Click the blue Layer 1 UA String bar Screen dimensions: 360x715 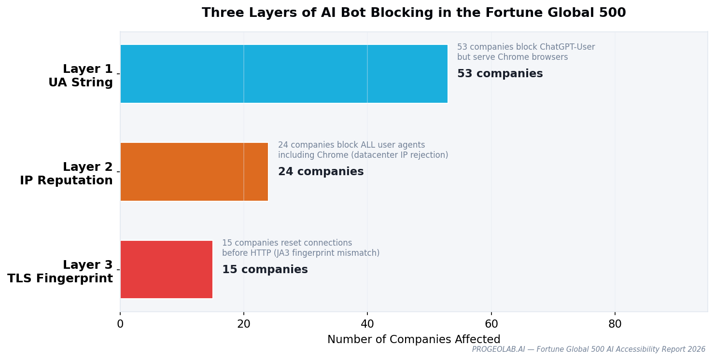tap(284, 74)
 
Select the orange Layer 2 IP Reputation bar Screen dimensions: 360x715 tap(194, 172)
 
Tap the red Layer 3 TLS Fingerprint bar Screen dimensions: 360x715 tap(167, 269)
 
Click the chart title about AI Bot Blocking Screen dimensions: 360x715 tap(414, 13)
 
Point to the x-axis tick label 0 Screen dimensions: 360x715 tap(120, 324)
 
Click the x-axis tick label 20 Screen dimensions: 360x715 tap(244, 324)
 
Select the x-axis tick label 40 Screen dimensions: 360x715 tap(367, 324)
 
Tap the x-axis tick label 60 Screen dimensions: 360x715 tap(491, 324)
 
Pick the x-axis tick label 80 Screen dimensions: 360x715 tap(615, 324)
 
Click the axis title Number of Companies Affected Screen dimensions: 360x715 tap(414, 340)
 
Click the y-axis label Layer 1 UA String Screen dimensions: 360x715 tap(81, 76)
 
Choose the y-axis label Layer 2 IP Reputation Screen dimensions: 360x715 tap(67, 174)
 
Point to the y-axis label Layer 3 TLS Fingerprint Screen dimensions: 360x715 tap(60, 272)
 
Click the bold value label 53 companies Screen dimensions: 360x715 tap(500, 74)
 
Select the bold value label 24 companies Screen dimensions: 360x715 tap(321, 172)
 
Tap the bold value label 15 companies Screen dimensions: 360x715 tap(265, 270)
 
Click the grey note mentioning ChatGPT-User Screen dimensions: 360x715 tap(526, 52)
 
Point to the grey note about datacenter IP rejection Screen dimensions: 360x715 tap(363, 150)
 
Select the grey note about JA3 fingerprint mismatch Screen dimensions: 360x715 tap(300, 248)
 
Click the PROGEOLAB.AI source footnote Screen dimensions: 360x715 tap(589, 349)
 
